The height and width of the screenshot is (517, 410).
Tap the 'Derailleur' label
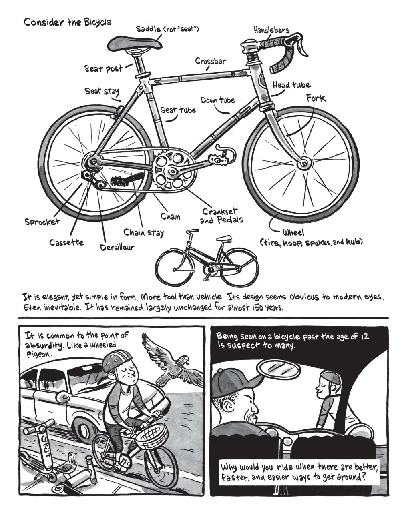pyautogui.click(x=117, y=248)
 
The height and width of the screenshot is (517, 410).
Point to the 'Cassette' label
pyautogui.click(x=66, y=242)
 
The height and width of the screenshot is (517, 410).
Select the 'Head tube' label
pyautogui.click(x=291, y=85)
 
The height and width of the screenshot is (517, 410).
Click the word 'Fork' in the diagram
pyautogui.click(x=316, y=98)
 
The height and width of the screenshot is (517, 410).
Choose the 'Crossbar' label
pyautogui.click(x=211, y=61)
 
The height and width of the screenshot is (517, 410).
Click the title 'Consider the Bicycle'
pyautogui.click(x=68, y=22)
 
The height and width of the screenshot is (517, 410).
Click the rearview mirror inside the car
pyautogui.click(x=279, y=372)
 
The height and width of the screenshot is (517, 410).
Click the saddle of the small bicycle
pyautogui.click(x=224, y=238)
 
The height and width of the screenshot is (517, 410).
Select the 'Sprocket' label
pyautogui.click(x=42, y=222)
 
